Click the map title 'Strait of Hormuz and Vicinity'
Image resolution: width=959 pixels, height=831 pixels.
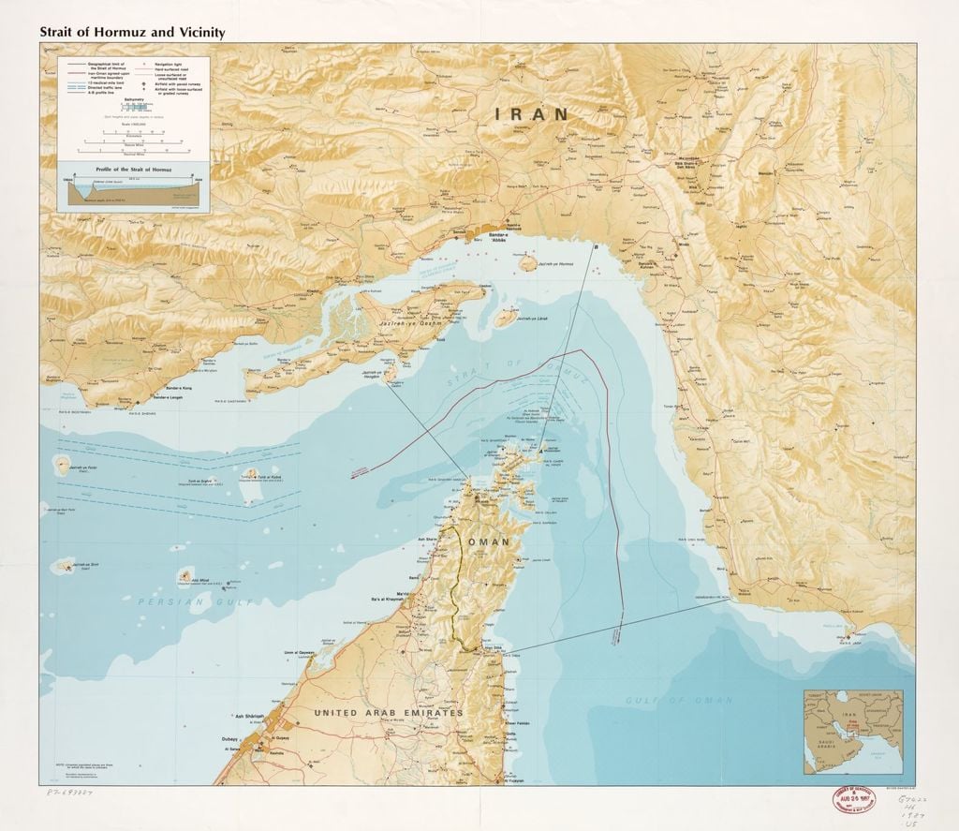[131, 31]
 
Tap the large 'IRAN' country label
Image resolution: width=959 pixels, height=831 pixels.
[533, 113]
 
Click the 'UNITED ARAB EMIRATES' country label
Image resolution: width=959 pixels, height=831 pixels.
[388, 713]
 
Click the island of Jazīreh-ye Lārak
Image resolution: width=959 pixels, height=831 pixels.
[505, 319]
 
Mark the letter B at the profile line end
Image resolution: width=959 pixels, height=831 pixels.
[597, 246]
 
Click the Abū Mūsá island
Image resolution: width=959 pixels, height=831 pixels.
[185, 574]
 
